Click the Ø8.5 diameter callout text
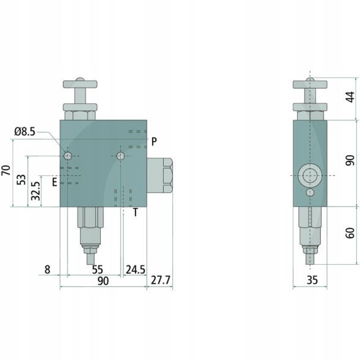pyautogui.click(x=25, y=131)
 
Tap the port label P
pyautogui.click(x=154, y=142)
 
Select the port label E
pyautogui.click(x=54, y=182)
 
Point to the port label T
pyautogui.click(x=136, y=212)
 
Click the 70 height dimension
pyautogui.click(x=6, y=171)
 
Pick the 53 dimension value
pyautogui.click(x=21, y=180)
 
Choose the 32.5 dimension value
pyautogui.click(x=36, y=191)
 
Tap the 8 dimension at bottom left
pyautogui.click(x=47, y=270)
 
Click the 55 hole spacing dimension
pyautogui.click(x=98, y=270)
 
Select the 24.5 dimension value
pyautogui.click(x=136, y=270)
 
